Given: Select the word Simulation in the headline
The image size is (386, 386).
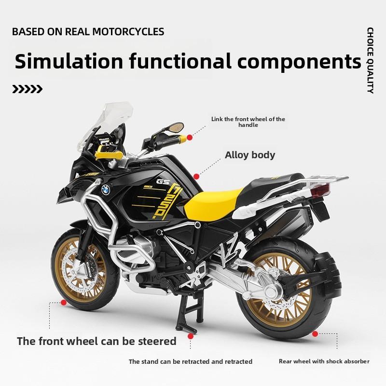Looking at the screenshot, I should [69, 61].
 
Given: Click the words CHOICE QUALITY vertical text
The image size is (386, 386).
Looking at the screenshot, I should [370, 60].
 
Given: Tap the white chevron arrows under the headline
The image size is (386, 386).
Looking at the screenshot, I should [27, 89].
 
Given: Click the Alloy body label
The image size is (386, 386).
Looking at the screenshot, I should [250, 155].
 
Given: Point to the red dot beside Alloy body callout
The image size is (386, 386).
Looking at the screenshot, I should [196, 177].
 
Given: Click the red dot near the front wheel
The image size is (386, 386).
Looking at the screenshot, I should [63, 302].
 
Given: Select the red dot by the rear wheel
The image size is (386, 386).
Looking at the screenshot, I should [315, 333].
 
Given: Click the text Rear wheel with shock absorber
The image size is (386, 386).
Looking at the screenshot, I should [324, 361].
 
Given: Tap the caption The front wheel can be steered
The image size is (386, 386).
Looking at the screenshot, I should [96, 342].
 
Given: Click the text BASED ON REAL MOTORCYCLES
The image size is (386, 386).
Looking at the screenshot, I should [88, 32].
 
